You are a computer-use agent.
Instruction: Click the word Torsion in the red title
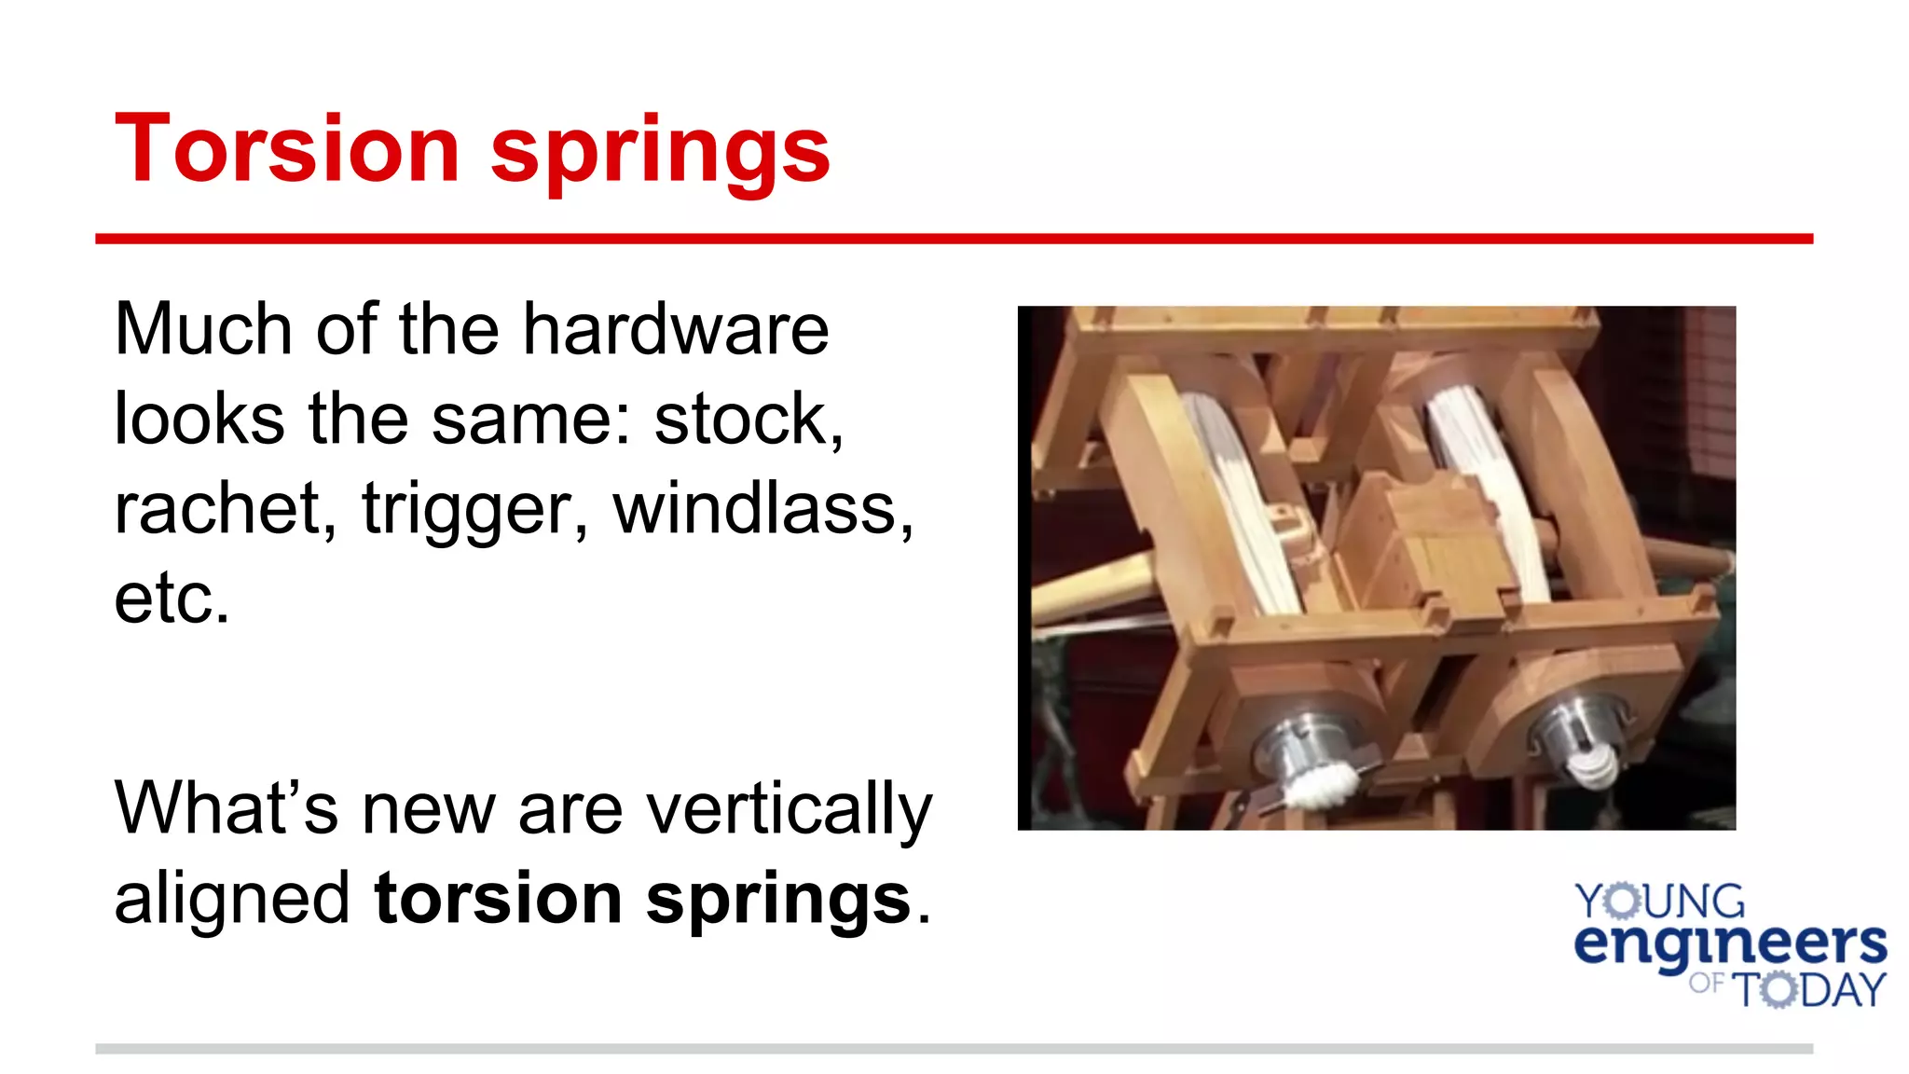287,149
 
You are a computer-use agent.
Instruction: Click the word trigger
474,511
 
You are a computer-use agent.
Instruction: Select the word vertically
789,809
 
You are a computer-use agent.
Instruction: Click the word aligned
232,899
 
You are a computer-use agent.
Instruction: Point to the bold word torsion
498,899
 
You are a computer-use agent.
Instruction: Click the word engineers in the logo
1730,945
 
